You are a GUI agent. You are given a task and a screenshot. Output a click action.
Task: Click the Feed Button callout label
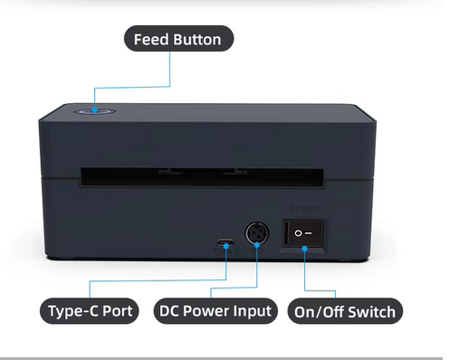178,39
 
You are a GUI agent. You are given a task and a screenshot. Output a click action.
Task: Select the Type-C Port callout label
90,312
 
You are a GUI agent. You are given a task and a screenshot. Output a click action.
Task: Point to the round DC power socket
258,234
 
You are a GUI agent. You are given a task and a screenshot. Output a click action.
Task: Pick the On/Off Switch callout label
345,312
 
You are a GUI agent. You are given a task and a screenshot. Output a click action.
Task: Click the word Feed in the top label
151,39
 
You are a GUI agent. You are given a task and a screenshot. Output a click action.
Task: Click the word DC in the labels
169,311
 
